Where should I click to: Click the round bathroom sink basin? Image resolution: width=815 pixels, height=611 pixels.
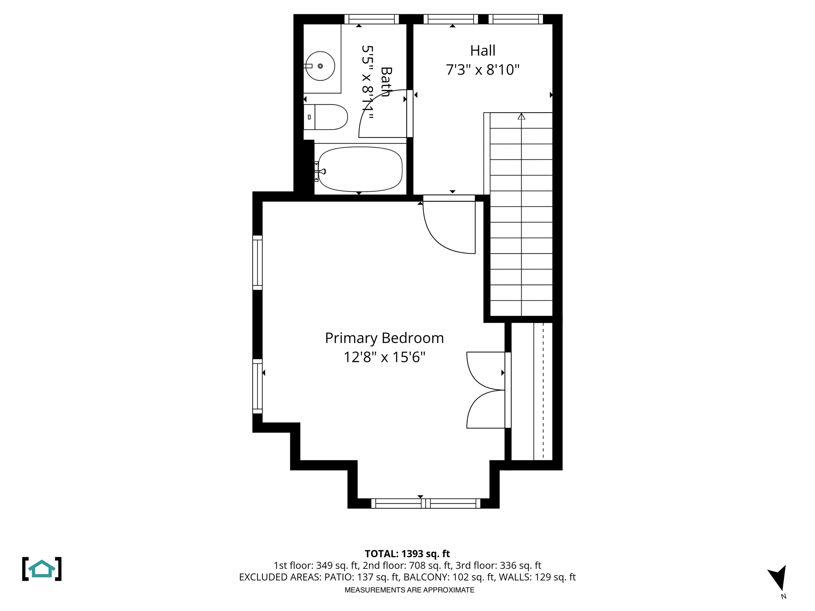tap(320, 66)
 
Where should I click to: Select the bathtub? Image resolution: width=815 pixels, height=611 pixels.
tap(360, 169)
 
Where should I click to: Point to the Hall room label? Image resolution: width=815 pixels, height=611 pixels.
tap(483, 51)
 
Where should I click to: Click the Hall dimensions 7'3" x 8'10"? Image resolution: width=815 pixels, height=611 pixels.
tap(483, 70)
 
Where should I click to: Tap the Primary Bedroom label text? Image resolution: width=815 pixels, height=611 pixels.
tap(384, 338)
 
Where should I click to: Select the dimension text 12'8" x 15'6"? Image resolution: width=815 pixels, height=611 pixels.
tap(384, 357)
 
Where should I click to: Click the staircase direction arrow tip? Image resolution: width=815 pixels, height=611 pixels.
tap(521, 116)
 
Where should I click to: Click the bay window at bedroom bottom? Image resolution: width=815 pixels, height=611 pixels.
tap(425, 504)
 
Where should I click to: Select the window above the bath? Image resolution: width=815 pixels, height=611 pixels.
tap(371, 19)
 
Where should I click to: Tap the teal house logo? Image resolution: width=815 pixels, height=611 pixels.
tap(42, 569)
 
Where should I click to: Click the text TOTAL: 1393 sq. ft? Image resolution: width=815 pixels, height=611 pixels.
tap(407, 554)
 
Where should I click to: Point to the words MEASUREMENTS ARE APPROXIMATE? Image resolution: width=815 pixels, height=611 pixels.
tap(409, 590)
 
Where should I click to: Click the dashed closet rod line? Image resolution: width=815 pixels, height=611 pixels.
tap(543, 392)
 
